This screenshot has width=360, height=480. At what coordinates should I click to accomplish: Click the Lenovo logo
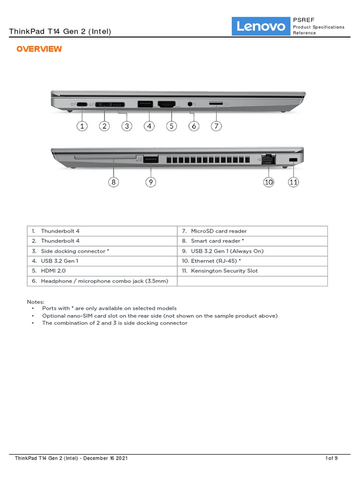pos(261,26)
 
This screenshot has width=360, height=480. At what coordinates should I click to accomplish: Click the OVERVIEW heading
pos(39,49)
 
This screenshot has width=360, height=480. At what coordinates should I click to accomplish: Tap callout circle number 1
pos(82,126)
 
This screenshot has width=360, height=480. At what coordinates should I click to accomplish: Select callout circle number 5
pos(171,126)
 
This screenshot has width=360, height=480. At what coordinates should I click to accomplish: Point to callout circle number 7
pos(216,126)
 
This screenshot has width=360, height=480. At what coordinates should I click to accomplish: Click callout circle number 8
pos(113,182)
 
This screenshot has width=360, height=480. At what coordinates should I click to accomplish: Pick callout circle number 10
pos(269,182)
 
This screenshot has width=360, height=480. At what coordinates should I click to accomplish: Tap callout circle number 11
pos(293,182)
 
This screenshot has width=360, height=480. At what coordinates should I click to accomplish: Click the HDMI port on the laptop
pos(166,104)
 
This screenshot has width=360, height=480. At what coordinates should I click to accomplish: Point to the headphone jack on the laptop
pos(190,104)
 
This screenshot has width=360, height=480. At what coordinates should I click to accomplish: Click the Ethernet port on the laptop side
pos(269,159)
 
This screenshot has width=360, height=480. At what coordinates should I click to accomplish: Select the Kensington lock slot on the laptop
pos(293,160)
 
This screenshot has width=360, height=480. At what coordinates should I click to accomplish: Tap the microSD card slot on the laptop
pos(216,103)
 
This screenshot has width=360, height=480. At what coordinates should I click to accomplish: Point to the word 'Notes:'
pos(36,302)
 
